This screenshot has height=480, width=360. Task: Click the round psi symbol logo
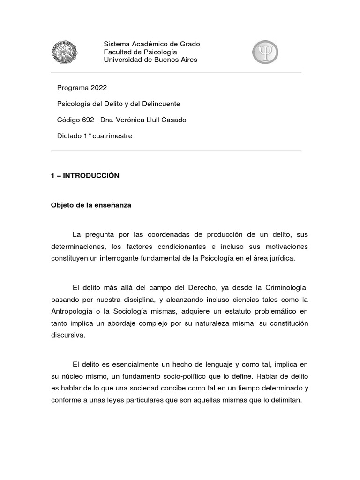click(x=265, y=52)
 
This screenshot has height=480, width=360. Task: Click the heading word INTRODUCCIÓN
click(x=91, y=176)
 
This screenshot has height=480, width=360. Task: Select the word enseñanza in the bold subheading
click(x=111, y=205)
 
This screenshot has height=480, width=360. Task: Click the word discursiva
click(x=68, y=335)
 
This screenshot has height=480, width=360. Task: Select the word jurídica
click(x=283, y=258)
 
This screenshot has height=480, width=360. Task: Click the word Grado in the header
click(x=190, y=44)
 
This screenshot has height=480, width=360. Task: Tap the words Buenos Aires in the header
click(x=175, y=60)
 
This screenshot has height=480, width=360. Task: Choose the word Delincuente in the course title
click(x=158, y=104)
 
